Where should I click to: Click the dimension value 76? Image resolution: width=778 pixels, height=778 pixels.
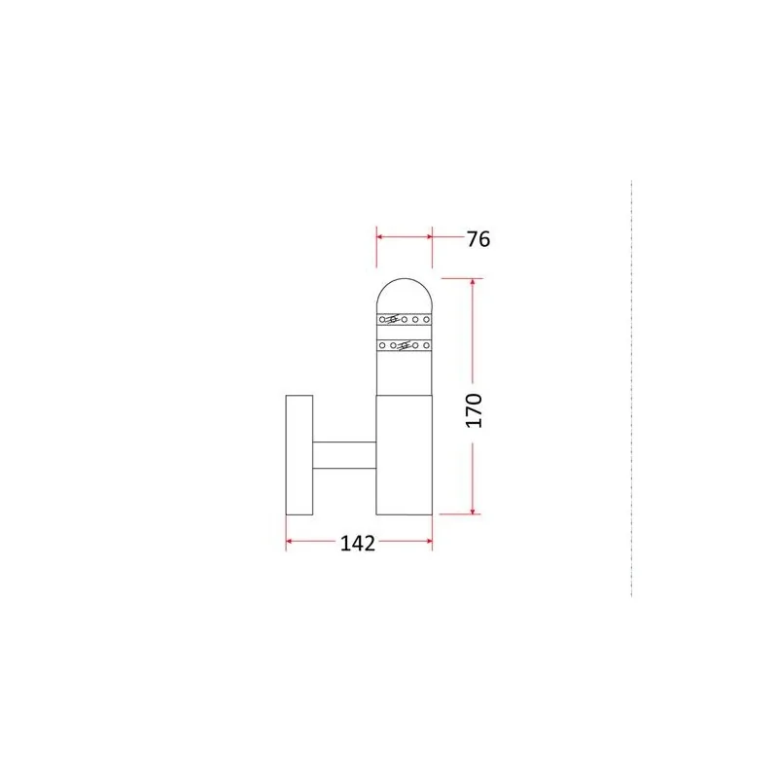478,239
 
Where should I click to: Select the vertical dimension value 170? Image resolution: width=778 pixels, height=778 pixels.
474,410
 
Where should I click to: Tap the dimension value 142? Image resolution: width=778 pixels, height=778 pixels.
357,544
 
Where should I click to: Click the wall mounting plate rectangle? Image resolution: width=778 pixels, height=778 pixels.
300,455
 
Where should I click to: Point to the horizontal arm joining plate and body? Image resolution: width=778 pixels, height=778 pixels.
344,455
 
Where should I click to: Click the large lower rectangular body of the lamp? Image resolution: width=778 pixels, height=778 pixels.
405,455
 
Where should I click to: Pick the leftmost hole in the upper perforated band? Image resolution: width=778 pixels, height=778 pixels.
382,320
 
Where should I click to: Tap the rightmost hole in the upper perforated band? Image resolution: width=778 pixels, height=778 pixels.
426,320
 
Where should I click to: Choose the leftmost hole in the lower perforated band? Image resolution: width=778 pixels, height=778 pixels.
382,345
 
